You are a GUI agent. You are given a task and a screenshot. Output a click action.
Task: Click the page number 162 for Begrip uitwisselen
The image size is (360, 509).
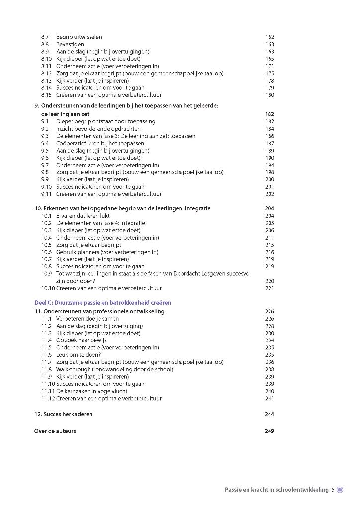(x=270, y=37)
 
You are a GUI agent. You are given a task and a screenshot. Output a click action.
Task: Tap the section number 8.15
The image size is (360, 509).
(x=46, y=95)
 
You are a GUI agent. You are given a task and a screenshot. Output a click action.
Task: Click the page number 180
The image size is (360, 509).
(x=270, y=95)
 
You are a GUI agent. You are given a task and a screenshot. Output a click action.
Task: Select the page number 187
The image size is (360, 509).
(x=270, y=143)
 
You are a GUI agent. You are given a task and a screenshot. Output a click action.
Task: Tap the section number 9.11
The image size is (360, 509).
(x=46, y=194)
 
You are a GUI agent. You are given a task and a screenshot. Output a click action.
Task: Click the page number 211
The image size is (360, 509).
(x=270, y=238)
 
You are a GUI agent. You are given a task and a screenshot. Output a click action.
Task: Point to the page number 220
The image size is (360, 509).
(x=270, y=281)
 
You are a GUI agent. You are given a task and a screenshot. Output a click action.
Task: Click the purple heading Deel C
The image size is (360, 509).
(x=102, y=302)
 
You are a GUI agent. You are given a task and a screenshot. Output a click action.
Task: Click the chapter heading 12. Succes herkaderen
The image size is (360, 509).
(x=63, y=414)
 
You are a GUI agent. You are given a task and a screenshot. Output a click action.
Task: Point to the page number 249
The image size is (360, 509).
(x=270, y=431)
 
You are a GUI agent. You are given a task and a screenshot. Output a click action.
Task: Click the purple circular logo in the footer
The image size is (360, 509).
(x=340, y=490)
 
